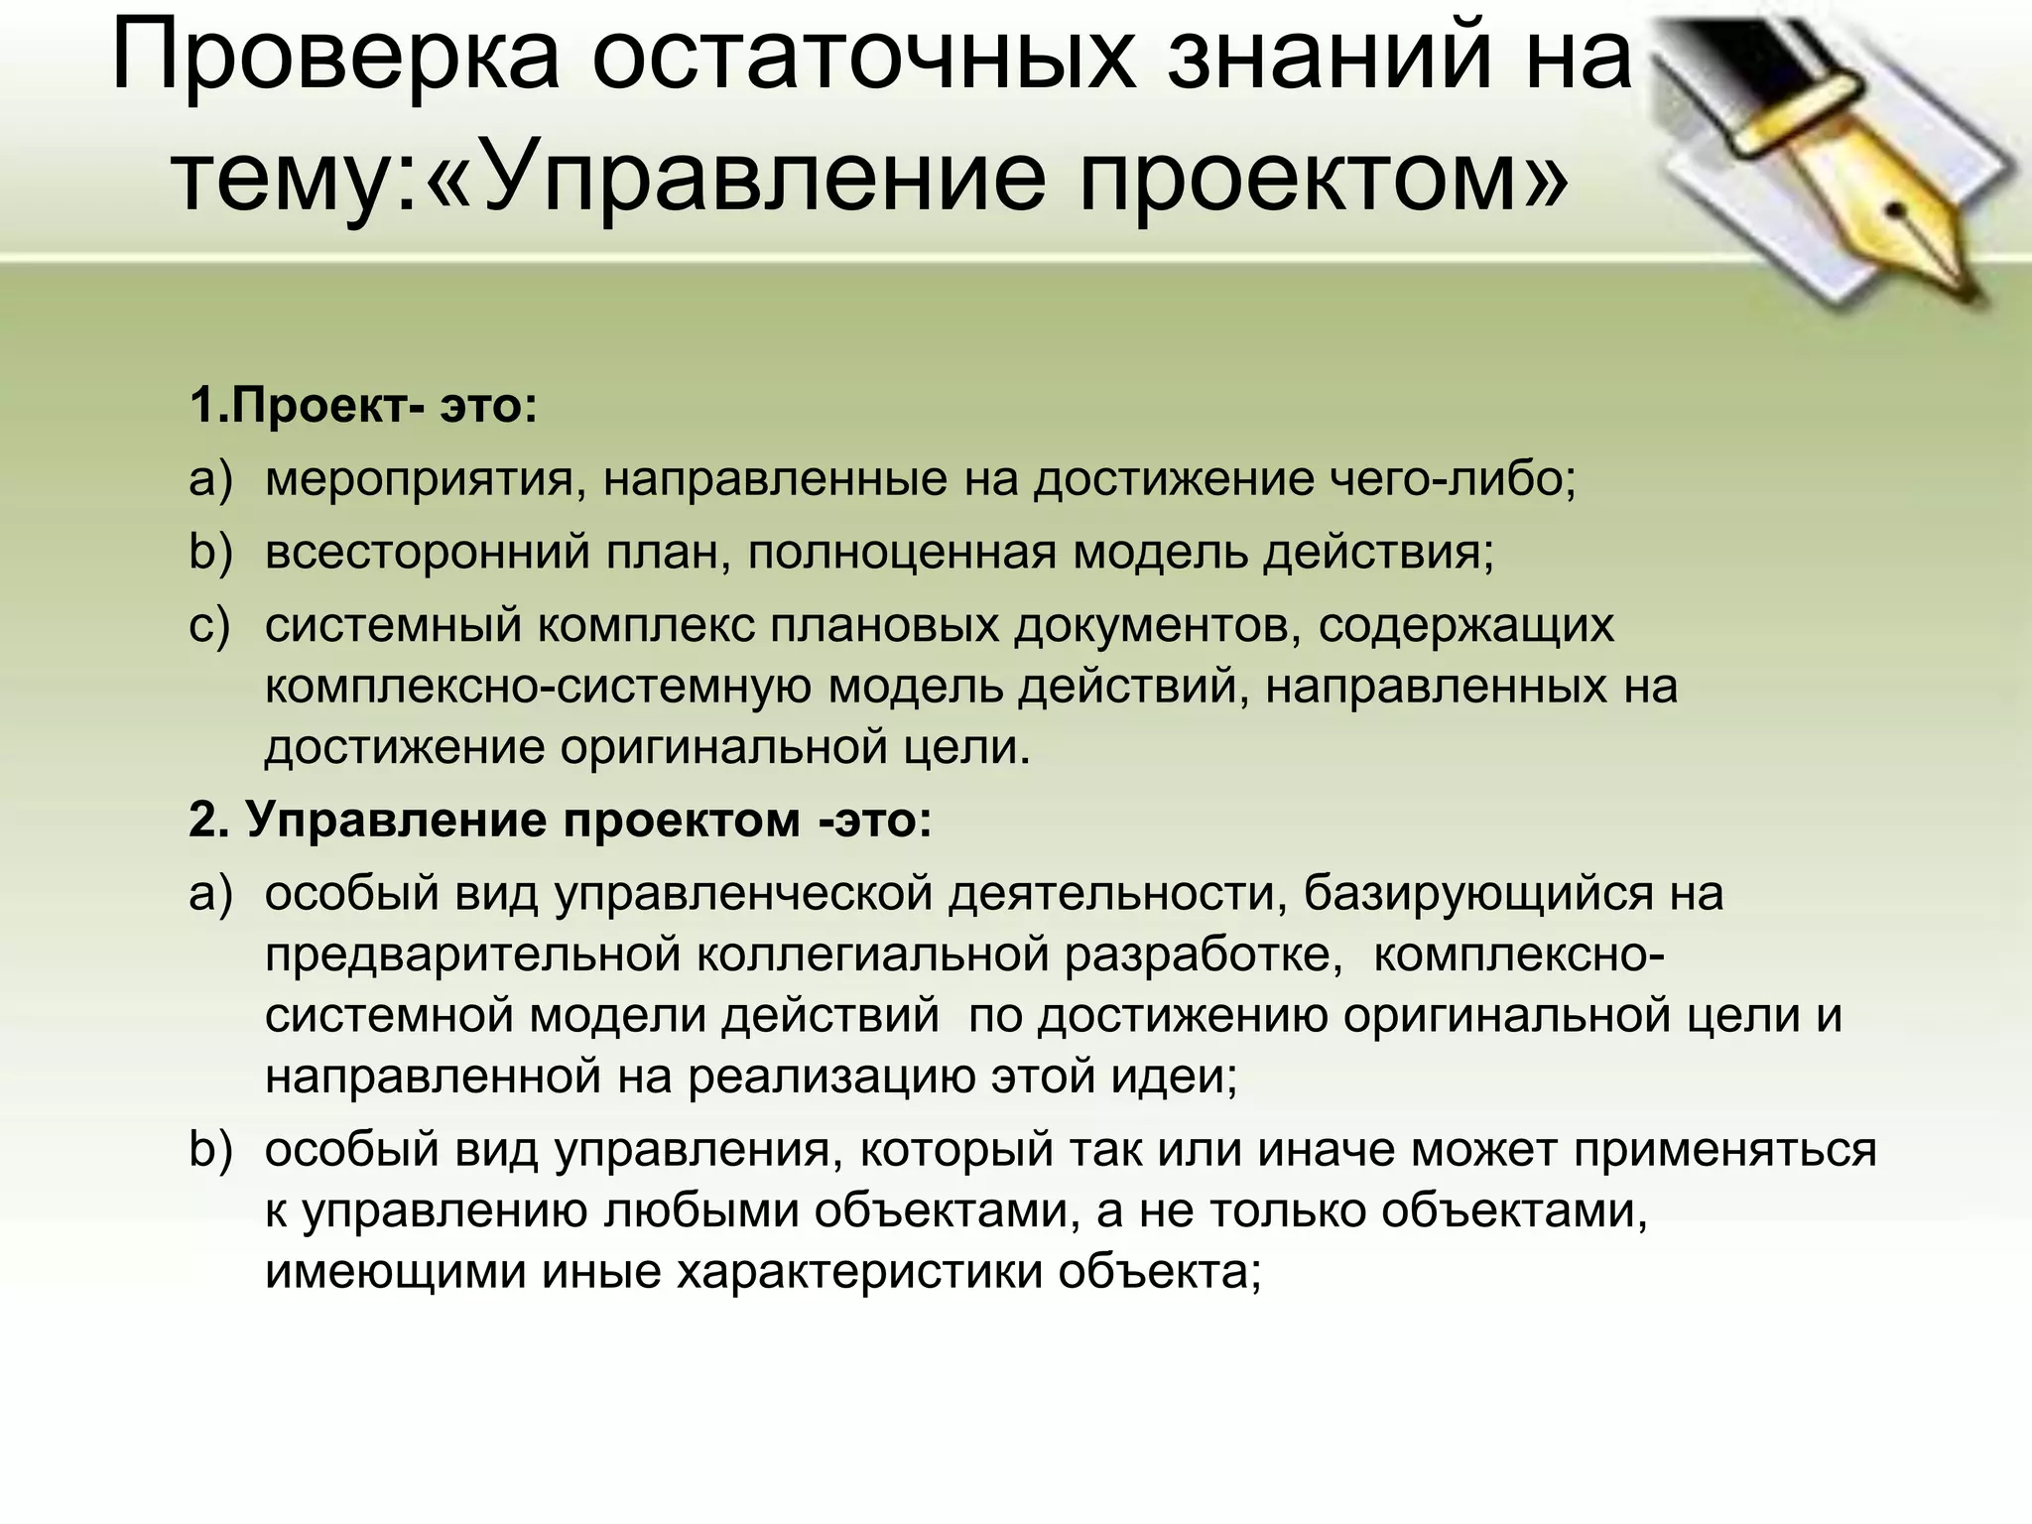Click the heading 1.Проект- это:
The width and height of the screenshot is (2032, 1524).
click(363, 406)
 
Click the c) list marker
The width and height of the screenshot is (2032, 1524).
click(209, 626)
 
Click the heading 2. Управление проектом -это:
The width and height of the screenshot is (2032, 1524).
click(561, 821)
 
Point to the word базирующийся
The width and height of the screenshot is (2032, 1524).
click(1478, 894)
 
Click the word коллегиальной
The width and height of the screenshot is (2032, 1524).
click(872, 955)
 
